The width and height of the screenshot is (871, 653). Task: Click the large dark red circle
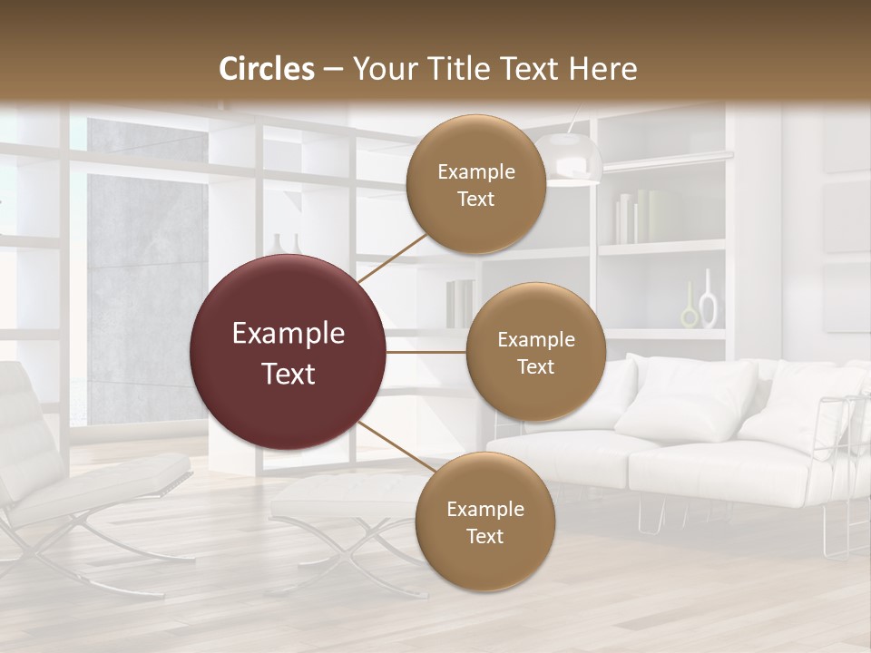288,353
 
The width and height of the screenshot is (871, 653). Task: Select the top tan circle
475,184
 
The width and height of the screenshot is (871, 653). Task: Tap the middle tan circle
535,352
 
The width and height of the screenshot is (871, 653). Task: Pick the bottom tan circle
484,521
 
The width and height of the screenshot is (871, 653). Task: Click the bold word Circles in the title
267,69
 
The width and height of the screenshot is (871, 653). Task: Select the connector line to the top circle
394,257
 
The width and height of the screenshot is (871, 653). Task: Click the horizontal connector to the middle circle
426,352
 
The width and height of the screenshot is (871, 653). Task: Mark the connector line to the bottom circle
396,450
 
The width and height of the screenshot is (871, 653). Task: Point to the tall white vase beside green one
709,299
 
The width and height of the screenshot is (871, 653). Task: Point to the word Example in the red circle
288,334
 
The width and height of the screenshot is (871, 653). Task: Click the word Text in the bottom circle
484,536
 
